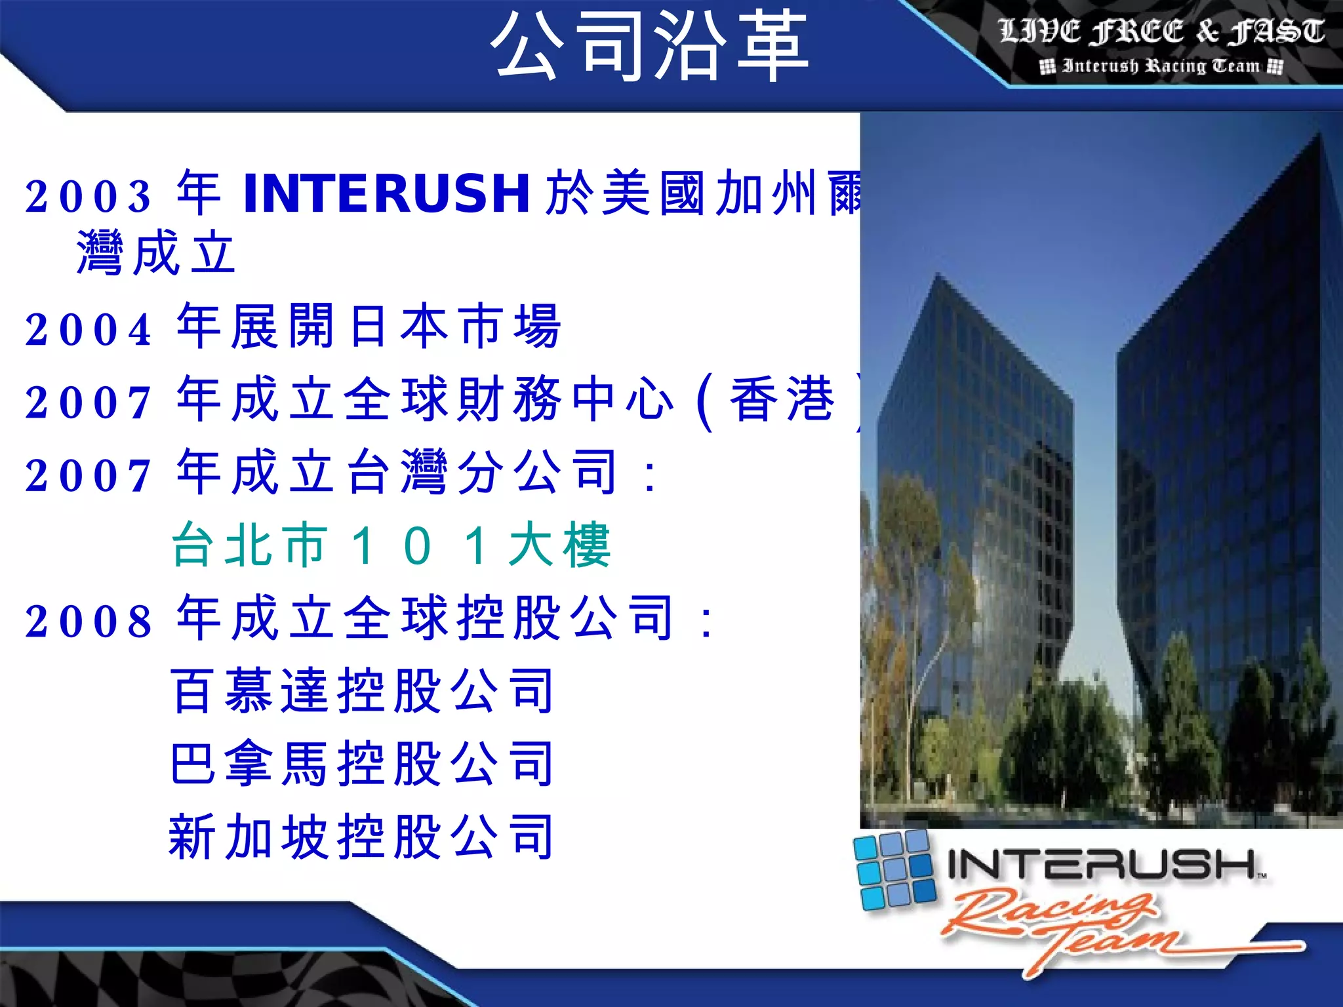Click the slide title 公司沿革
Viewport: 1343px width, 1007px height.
(649, 46)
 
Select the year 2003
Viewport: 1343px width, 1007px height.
(89, 196)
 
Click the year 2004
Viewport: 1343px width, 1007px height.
(89, 329)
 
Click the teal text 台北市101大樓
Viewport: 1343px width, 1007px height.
(391, 545)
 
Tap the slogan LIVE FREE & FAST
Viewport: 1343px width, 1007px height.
(1161, 31)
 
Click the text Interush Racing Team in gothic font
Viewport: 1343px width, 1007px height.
(1161, 66)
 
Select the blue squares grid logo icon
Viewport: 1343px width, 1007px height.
(893, 869)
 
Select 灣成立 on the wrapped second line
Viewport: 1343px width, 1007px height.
(156, 253)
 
